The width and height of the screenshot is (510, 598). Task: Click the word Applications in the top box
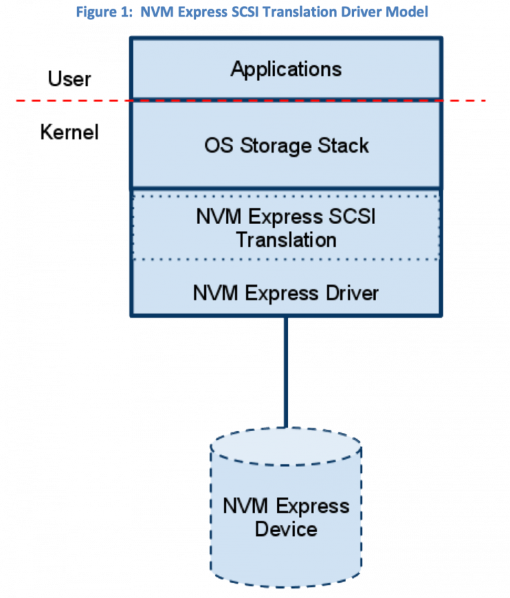point(286,69)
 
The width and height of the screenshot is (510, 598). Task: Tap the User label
point(69,79)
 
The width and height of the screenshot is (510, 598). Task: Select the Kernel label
point(69,132)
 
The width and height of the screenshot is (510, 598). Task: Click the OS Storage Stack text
point(286,146)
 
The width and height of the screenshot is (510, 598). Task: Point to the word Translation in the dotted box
point(286,239)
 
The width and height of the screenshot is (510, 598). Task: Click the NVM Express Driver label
point(286,293)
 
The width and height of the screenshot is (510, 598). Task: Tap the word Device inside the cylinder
point(286,529)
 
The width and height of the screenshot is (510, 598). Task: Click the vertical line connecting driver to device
point(286,373)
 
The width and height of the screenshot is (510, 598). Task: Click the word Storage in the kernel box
point(274,146)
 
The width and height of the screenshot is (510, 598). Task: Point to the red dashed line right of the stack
point(465,100)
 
